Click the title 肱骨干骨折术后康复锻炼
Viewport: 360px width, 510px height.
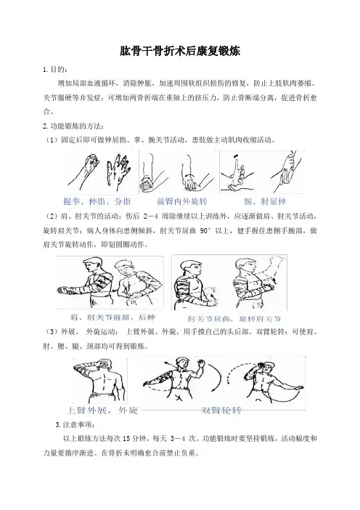pyautogui.click(x=180, y=51)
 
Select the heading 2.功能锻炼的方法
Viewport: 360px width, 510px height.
pyautogui.click(x=73, y=126)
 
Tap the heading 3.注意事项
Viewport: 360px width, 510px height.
pyautogui.click(x=75, y=425)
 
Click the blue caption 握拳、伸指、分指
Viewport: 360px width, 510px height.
pyautogui.click(x=97, y=201)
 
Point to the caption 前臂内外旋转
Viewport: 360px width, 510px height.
pyautogui.click(x=182, y=201)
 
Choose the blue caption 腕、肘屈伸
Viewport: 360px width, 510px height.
pyautogui.click(x=265, y=202)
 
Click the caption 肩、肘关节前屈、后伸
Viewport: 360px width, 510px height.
pyautogui.click(x=112, y=317)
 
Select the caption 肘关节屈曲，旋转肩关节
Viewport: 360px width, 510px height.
pyautogui.click(x=234, y=318)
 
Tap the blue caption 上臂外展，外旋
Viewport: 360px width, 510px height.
pyautogui.click(x=102, y=410)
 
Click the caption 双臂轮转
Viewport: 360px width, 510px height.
pyautogui.click(x=221, y=410)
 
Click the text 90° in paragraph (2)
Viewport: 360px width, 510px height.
pyautogui.click(x=205, y=230)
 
